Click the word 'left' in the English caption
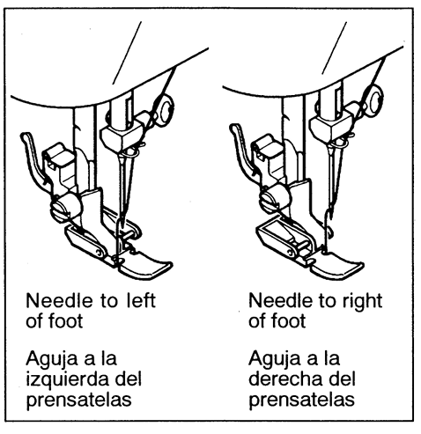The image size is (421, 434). click(141, 300)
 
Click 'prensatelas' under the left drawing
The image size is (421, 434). click(78, 400)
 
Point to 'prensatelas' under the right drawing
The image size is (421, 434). click(301, 400)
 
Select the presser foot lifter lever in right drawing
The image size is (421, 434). click(241, 148)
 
